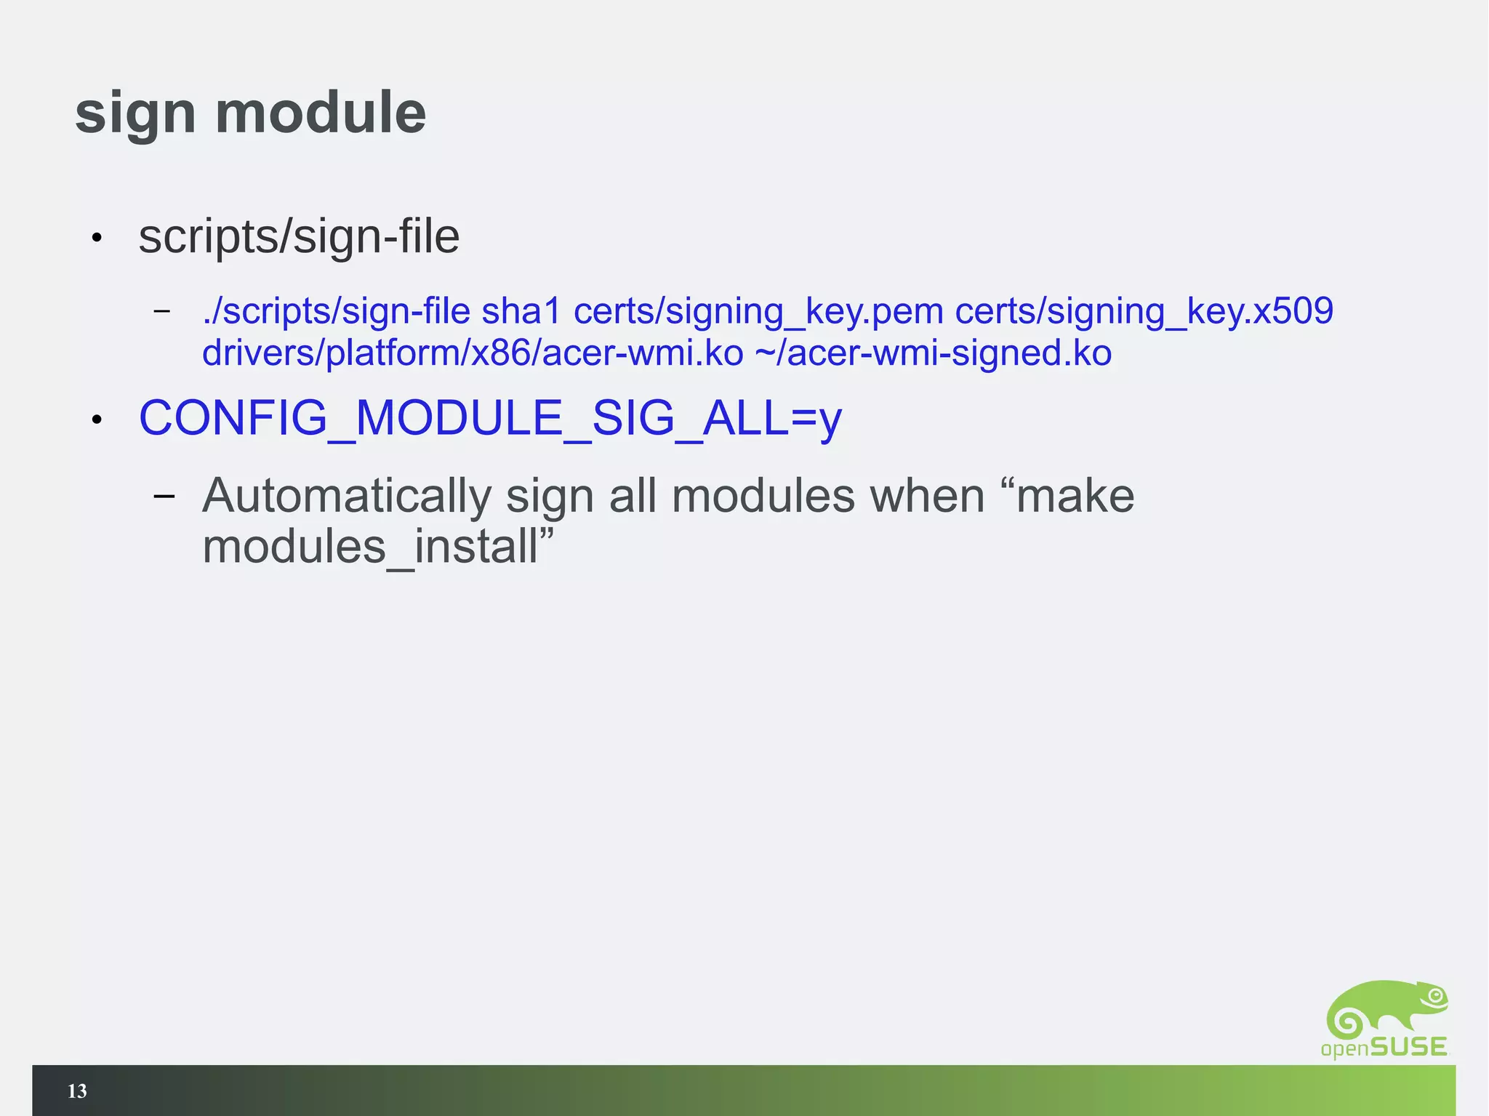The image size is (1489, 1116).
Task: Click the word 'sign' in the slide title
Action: tap(135, 114)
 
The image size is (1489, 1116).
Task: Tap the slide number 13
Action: tap(77, 1091)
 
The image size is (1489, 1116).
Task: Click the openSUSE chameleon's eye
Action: tap(1435, 995)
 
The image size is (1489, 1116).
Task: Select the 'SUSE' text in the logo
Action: tap(1408, 1047)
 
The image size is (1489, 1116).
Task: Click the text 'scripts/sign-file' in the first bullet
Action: tap(299, 237)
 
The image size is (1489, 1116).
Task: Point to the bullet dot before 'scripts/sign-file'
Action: tap(97, 238)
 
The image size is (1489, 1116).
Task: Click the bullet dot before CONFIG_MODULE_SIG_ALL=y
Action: tap(97, 419)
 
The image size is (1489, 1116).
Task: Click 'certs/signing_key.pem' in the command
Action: tap(758, 311)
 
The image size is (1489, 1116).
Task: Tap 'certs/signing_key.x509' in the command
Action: tap(1144, 311)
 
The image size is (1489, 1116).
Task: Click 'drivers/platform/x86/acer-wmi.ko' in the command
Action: tap(473, 354)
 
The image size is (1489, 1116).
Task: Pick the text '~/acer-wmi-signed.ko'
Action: tap(934, 354)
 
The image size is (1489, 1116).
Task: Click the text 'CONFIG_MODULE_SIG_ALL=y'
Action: tap(490, 419)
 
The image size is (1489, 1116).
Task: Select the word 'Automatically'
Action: tap(347, 497)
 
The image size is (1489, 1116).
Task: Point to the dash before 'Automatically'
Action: tap(164, 497)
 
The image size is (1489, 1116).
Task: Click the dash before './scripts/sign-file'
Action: tap(162, 311)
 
